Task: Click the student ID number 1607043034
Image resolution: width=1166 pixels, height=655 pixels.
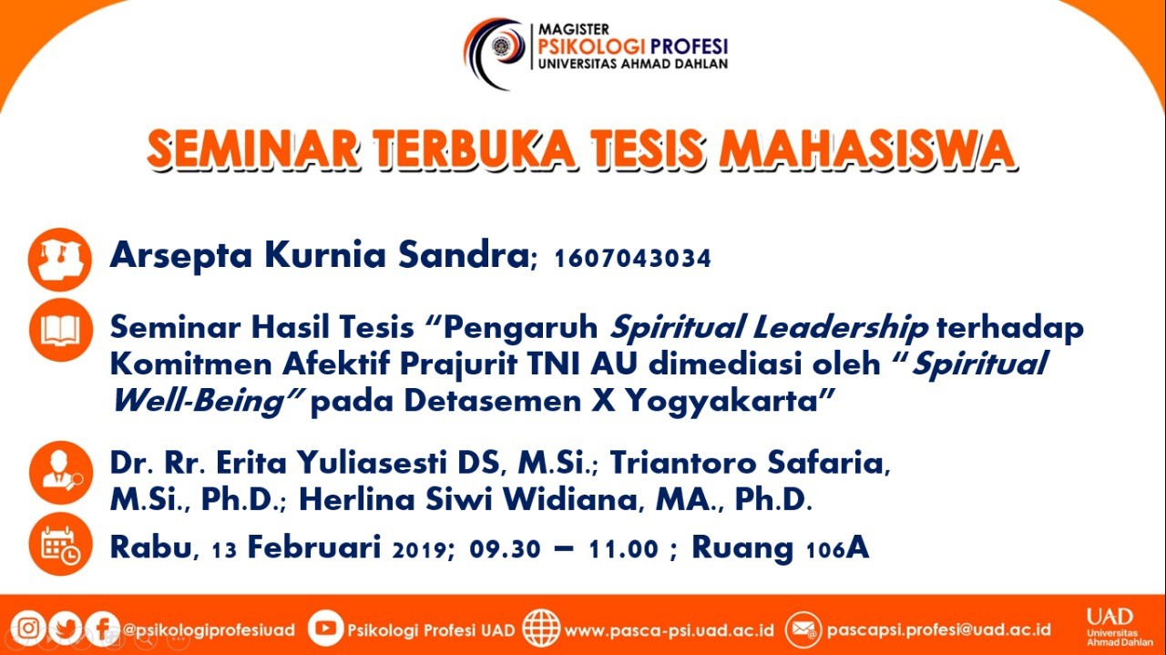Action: (632, 259)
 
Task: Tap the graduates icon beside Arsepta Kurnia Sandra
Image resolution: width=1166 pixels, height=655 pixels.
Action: (60, 260)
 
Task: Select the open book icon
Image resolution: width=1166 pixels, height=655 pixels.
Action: (61, 330)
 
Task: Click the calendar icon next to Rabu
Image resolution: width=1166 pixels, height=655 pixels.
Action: (61, 544)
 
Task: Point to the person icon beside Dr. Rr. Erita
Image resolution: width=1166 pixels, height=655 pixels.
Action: (61, 473)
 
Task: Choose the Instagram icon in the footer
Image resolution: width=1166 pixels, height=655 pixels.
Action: (28, 629)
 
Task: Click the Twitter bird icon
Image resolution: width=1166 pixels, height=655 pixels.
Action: (65, 629)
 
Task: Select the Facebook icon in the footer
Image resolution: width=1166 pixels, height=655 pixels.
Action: (103, 629)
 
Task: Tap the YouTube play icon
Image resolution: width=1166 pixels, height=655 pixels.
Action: (325, 629)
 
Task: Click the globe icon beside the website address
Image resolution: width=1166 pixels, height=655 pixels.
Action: (541, 629)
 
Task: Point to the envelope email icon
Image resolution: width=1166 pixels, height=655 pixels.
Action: (803, 629)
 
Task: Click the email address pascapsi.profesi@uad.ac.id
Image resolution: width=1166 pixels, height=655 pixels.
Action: (938, 630)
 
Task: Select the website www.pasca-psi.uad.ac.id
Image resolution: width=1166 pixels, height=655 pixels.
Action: (669, 630)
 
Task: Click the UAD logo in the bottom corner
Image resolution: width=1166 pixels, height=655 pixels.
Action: (1120, 627)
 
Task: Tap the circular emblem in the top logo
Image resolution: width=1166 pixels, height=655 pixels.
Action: (502, 46)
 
